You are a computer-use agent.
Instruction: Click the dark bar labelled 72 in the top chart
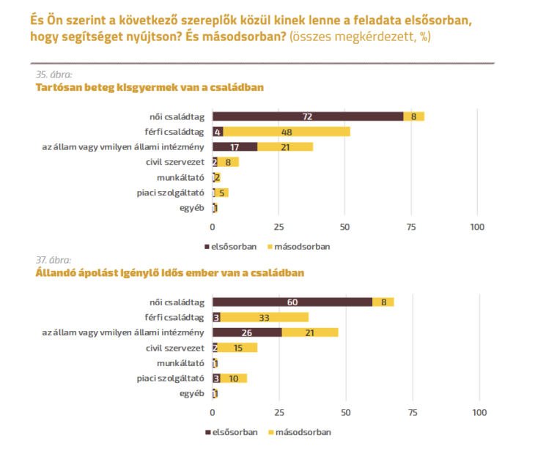[x=308, y=116]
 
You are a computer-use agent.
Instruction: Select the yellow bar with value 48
[x=287, y=132]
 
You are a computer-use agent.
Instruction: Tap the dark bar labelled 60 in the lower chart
[x=292, y=302]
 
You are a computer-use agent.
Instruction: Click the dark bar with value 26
[x=247, y=332]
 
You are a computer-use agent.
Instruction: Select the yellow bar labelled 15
[x=237, y=348]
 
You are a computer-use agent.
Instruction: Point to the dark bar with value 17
[x=235, y=147]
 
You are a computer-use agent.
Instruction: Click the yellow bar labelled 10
[x=233, y=378]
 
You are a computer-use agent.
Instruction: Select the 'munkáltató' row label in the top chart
[x=180, y=177]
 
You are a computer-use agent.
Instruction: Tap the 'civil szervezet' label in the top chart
[x=176, y=162]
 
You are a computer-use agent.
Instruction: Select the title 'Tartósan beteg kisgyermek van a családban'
[x=150, y=87]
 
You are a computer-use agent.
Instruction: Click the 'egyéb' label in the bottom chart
[x=191, y=393]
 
